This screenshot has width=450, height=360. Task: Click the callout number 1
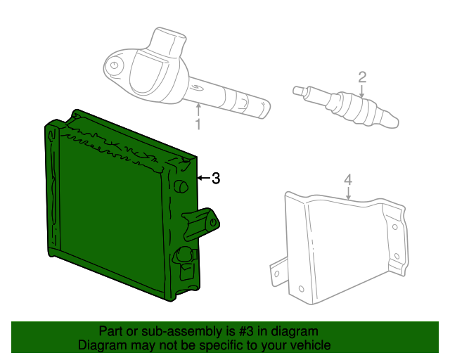(x=198, y=125)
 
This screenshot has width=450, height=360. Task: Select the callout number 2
(x=362, y=77)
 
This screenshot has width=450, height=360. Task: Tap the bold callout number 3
(x=216, y=179)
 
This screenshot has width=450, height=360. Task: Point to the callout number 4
(x=347, y=181)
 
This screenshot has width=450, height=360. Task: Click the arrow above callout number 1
(x=198, y=109)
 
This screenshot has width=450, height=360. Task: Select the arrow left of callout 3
(x=202, y=179)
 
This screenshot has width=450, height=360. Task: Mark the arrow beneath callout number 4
(x=348, y=195)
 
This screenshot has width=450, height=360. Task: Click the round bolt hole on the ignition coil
(x=112, y=68)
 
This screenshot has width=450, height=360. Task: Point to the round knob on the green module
(x=179, y=186)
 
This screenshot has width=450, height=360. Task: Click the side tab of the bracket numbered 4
(x=276, y=270)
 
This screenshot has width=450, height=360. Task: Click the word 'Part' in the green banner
(x=111, y=331)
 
